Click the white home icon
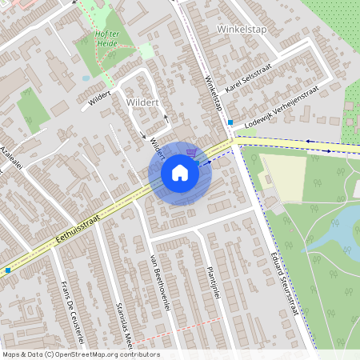pos(179,174)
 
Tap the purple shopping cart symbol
pos(190,151)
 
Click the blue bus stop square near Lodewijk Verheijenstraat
pos(230,122)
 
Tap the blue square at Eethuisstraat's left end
pos(8,270)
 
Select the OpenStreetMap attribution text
pos(80,354)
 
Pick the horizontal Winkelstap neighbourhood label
pos(240,29)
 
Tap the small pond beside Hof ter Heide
pos(86,78)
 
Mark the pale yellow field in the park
pos(285,177)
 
